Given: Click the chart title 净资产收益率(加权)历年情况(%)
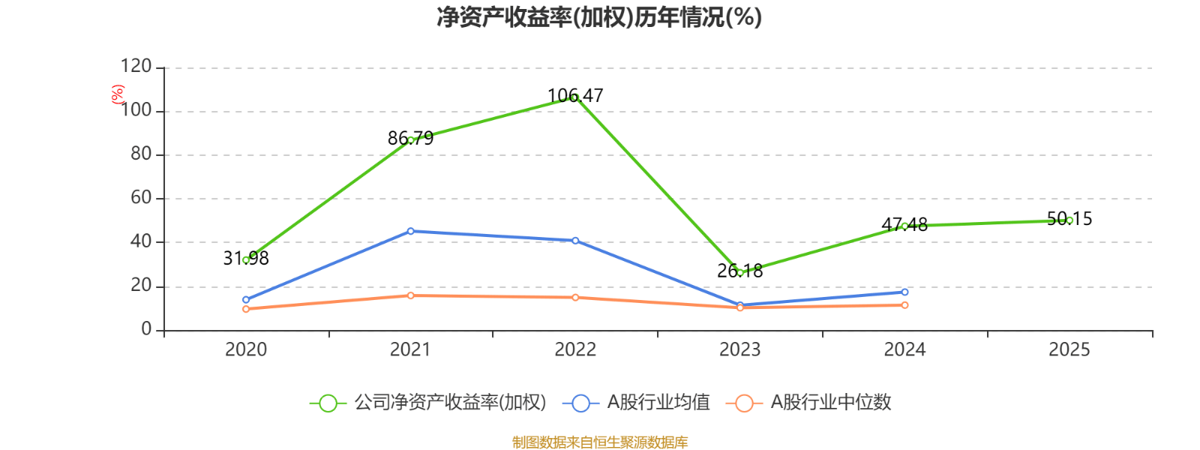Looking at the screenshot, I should point(599,17).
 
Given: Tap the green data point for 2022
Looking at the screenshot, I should point(575,97).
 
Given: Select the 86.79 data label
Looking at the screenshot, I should point(410,138).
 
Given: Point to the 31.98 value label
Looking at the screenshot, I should point(246,258).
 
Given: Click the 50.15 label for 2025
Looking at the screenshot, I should point(1069,219).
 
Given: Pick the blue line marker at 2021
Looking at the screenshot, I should point(410,231).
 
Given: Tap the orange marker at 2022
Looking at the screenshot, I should point(575,298).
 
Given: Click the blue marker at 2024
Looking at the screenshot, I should point(904,292).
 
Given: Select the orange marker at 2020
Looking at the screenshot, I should point(246,309).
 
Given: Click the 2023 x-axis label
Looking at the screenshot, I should point(739,349).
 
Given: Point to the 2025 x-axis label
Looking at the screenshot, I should point(1069,349).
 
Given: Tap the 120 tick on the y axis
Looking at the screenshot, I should point(136,67).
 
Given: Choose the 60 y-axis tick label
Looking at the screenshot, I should point(141,198).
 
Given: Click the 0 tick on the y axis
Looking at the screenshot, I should point(146,330).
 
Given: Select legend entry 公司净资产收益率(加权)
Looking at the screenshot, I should point(428,403).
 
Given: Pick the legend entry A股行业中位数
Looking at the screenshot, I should point(810,403).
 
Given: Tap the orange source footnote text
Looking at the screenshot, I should point(599,442).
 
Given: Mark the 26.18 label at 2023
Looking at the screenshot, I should point(739,271).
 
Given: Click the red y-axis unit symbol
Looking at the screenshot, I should point(118,94).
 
